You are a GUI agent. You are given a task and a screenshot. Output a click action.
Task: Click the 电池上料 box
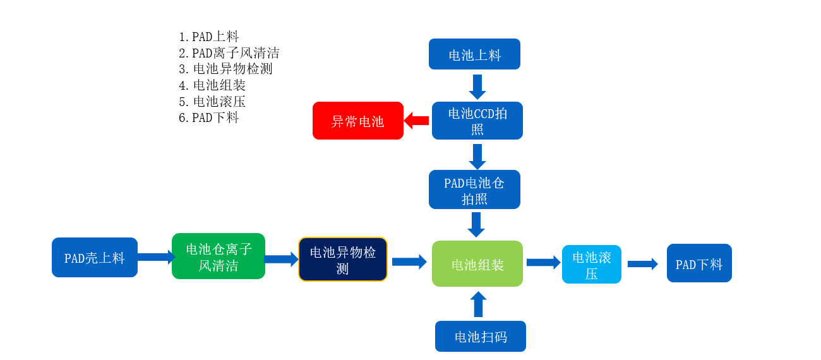click(x=474, y=54)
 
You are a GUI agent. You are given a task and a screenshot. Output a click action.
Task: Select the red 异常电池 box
click(x=358, y=121)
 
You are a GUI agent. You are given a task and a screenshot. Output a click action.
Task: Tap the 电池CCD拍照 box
click(x=477, y=121)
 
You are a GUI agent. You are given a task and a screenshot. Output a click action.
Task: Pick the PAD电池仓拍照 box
click(x=474, y=189)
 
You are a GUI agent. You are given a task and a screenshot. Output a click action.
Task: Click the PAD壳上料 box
click(x=95, y=258)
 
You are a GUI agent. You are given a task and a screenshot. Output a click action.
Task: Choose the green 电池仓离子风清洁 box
click(x=219, y=256)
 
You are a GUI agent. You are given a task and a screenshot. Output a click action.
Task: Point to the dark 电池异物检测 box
click(x=343, y=260)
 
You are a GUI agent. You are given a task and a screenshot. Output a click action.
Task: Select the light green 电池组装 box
click(x=477, y=264)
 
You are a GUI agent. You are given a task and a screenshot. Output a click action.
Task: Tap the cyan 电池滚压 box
click(x=592, y=265)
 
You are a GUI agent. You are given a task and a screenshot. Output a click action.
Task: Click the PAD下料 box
click(x=699, y=263)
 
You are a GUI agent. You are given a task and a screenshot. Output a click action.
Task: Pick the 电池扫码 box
click(x=481, y=337)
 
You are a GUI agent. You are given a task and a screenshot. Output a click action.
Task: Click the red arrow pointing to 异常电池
click(x=417, y=121)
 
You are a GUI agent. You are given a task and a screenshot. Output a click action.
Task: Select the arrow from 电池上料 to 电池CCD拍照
click(x=477, y=87)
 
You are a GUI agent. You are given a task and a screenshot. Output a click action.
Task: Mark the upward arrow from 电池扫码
click(x=478, y=304)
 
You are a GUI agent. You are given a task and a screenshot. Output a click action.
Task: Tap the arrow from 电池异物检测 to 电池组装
click(x=409, y=261)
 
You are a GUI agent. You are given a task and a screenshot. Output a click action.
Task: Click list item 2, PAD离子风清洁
click(x=229, y=53)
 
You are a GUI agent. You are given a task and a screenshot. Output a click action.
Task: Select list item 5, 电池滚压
click(x=212, y=102)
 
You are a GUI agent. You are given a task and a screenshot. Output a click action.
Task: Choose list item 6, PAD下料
click(x=209, y=117)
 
